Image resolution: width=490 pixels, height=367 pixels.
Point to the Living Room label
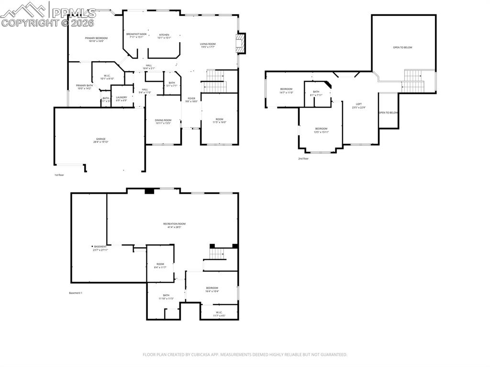point(208,45)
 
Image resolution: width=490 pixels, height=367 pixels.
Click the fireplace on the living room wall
point(242,43)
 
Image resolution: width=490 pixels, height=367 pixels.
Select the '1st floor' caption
point(59,175)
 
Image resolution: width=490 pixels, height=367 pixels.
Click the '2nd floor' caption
point(303,158)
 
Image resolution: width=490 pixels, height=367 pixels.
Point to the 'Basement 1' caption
point(76,293)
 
